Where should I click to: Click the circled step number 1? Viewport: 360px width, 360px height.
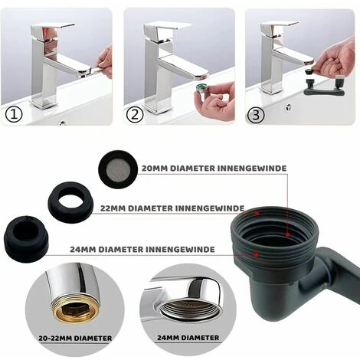(14, 115)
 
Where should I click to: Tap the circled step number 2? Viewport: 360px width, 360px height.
(135, 115)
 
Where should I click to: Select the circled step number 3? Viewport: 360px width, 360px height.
(256, 115)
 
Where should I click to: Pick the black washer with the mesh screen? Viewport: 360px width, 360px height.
(118, 169)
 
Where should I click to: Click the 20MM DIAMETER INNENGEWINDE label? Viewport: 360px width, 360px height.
(214, 169)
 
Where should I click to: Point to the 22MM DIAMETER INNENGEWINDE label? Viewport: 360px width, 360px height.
(172, 208)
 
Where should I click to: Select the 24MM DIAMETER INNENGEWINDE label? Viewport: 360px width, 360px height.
(142, 249)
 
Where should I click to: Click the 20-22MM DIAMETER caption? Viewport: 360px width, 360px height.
(75, 339)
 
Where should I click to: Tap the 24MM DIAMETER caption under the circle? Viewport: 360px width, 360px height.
(188, 338)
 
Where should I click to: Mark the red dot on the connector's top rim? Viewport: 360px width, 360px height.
(257, 213)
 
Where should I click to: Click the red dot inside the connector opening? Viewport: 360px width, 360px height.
(287, 234)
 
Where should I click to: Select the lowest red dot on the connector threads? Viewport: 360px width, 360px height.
(257, 254)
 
